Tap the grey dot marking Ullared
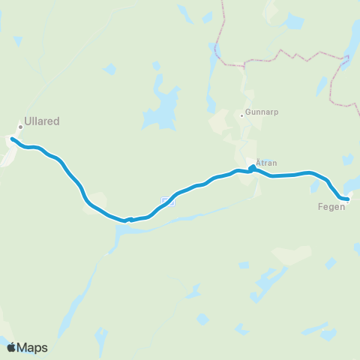pyautogui.click(x=21, y=127)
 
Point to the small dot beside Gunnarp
pyautogui.click(x=241, y=115)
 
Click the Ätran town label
pyautogui.click(x=267, y=162)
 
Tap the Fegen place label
pyautogui.click(x=331, y=206)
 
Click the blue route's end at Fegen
pyautogui.click(x=348, y=199)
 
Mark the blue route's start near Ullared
pyautogui.click(x=12, y=138)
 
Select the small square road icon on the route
pyautogui.click(x=168, y=200)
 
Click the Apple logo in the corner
pyautogui.click(x=11, y=347)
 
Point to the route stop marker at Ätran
pyautogui.click(x=252, y=168)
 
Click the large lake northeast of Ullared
pyautogui.click(x=162, y=105)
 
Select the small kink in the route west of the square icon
pyautogui.click(x=130, y=220)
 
